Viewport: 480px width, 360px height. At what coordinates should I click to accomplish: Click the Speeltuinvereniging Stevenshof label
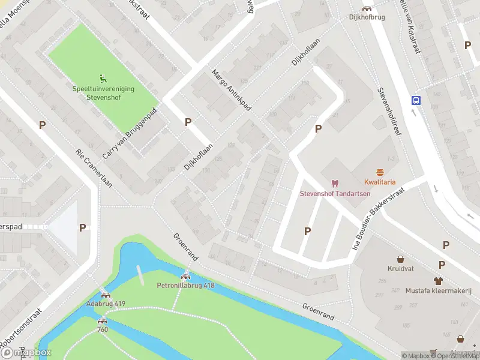[x=103, y=92]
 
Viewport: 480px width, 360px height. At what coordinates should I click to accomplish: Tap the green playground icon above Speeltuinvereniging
[x=103, y=77]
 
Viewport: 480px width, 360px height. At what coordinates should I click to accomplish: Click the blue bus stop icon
[x=415, y=100]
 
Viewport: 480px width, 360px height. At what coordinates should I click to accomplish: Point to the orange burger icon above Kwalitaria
[x=379, y=172]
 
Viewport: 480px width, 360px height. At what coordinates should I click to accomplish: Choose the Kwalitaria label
[x=379, y=182]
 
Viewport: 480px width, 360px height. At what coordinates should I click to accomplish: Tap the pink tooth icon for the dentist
[x=335, y=183]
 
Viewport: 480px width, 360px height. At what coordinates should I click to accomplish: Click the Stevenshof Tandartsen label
[x=335, y=193]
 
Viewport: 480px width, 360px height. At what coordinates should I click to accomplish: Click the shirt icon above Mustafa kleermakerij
[x=439, y=280]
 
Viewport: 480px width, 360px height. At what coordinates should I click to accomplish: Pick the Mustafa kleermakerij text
[x=439, y=290]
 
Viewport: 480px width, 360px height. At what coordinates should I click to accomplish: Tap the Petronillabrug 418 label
[x=185, y=286]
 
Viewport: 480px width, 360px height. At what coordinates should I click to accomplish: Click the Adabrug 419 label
[x=106, y=304]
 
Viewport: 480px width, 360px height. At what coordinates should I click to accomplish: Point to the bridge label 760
[x=103, y=329]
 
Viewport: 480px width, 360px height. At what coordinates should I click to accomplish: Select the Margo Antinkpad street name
[x=230, y=90]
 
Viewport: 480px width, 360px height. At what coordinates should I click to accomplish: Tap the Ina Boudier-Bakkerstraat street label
[x=379, y=218]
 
